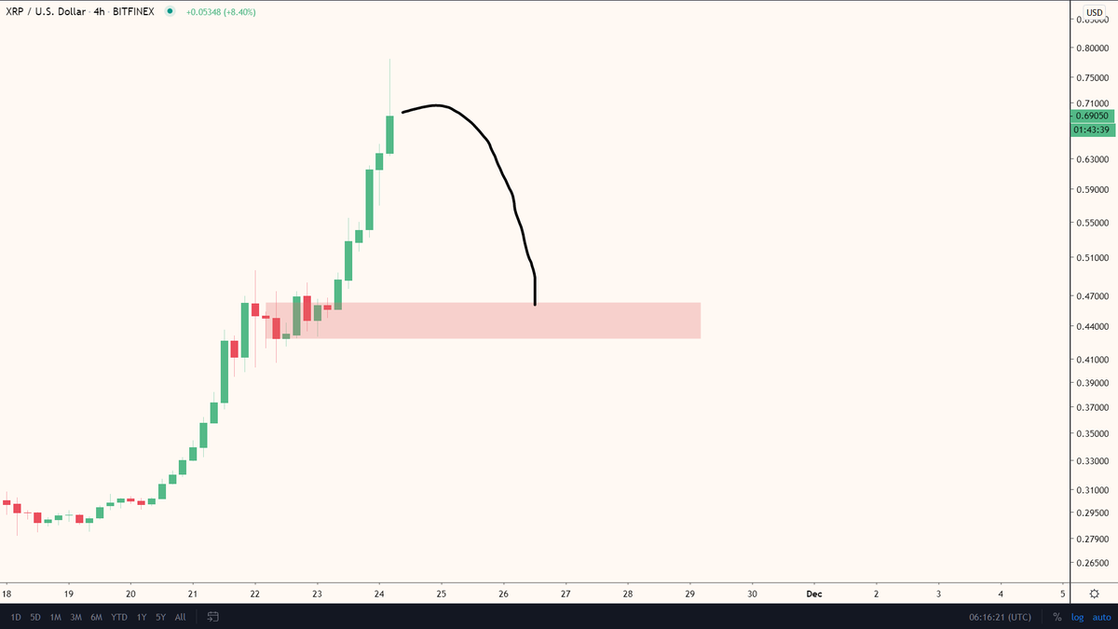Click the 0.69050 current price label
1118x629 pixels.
click(1093, 116)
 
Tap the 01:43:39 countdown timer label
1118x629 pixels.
click(1093, 130)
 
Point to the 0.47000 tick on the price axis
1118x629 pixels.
click(1093, 296)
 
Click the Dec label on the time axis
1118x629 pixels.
click(813, 594)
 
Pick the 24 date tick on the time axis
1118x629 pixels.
click(379, 594)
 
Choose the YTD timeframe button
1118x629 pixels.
click(119, 617)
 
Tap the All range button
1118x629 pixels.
click(180, 617)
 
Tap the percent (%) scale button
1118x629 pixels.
click(1057, 617)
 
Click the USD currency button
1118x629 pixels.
click(1095, 12)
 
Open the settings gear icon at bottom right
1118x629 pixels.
click(1094, 594)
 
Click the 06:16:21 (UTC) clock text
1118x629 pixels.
click(999, 617)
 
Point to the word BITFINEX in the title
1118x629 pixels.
click(133, 12)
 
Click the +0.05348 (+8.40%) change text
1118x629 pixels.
click(221, 12)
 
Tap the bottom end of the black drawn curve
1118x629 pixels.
click(535, 304)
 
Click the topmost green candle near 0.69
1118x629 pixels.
click(389, 134)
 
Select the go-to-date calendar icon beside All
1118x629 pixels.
click(212, 617)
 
